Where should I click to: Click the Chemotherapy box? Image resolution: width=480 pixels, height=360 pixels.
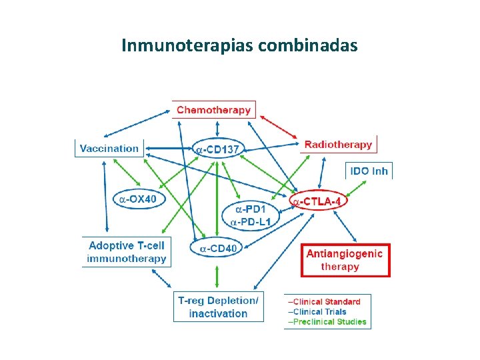213,110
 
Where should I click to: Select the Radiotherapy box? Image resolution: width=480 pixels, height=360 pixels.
338,144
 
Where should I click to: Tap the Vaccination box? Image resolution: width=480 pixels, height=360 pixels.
109,148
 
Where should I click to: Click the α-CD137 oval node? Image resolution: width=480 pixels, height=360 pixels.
218,149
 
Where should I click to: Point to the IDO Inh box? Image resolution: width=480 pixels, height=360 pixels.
369,171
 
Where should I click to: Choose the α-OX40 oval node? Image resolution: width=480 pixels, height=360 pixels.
139,198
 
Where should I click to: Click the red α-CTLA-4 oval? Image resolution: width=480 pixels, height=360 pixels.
320,200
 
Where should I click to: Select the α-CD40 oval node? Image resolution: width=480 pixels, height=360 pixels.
217,249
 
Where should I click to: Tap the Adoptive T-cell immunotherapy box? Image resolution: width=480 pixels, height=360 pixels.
127,252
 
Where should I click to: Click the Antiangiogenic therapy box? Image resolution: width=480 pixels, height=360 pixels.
345,260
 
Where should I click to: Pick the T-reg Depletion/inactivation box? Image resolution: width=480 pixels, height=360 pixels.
218,307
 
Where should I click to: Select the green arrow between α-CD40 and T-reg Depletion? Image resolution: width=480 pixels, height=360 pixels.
217,275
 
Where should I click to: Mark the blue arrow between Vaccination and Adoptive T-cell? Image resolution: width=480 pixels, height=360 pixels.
105,197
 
